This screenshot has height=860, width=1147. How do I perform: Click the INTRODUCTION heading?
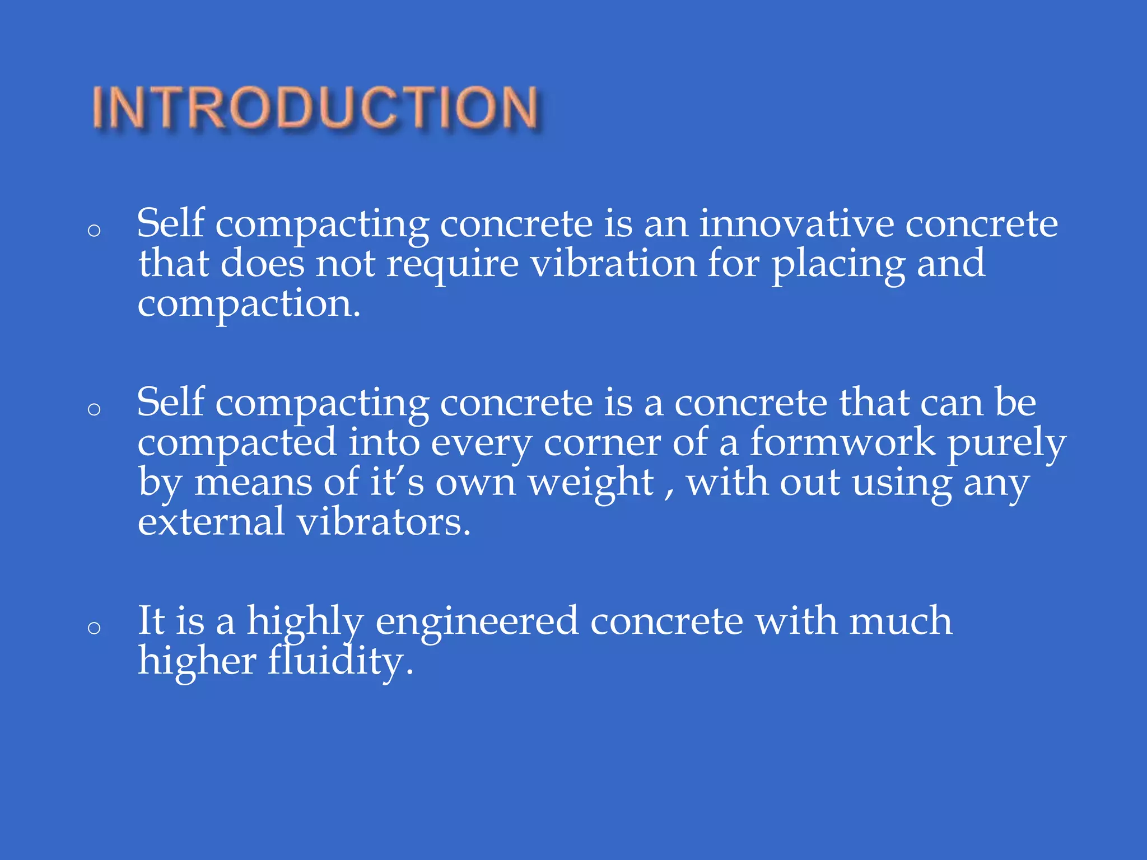(x=315, y=107)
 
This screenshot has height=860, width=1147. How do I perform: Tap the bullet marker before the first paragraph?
(x=94, y=230)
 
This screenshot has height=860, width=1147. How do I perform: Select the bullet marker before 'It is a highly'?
(x=94, y=628)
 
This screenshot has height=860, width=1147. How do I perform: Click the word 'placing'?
(x=838, y=264)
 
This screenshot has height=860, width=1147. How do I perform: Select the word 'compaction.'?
(x=249, y=305)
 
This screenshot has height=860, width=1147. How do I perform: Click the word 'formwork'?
(x=842, y=442)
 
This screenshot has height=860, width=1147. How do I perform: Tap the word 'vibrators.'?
(x=384, y=522)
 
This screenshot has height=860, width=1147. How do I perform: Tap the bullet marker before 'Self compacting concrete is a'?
(x=94, y=409)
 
